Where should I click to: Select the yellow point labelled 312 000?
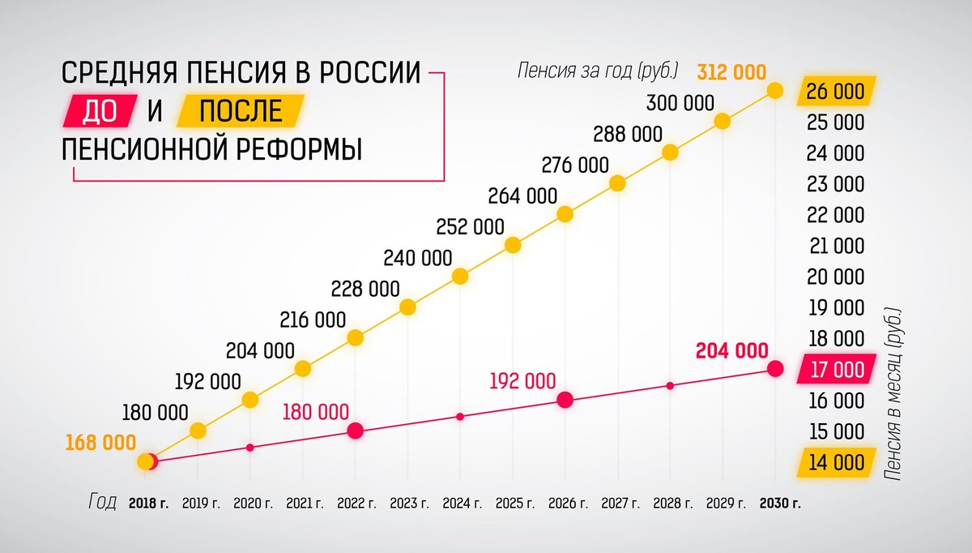[774, 91]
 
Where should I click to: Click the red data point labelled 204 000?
[774, 369]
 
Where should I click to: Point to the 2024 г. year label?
[462, 504]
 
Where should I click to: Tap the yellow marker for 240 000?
[460, 276]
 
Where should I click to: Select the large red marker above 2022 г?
[355, 431]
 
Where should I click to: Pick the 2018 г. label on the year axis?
[148, 504]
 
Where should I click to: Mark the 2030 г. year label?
[780, 504]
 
